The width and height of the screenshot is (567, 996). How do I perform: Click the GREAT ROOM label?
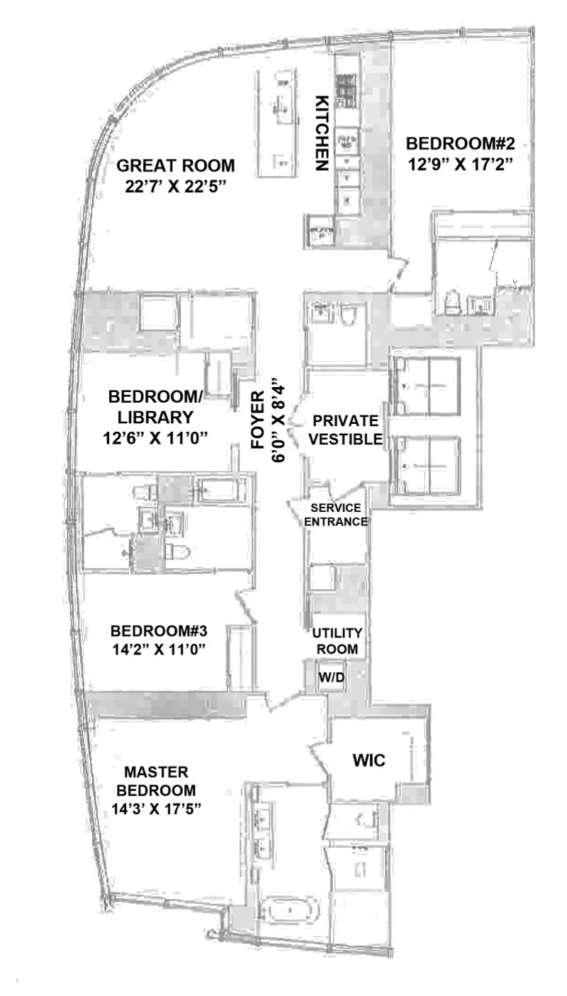click(175, 166)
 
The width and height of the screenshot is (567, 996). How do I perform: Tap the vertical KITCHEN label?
click(322, 133)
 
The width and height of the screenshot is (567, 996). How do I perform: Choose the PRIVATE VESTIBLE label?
click(346, 430)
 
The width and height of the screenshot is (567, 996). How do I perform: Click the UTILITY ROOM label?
click(337, 640)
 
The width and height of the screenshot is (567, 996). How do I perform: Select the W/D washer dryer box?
click(330, 677)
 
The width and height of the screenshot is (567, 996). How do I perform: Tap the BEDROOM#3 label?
click(159, 630)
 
